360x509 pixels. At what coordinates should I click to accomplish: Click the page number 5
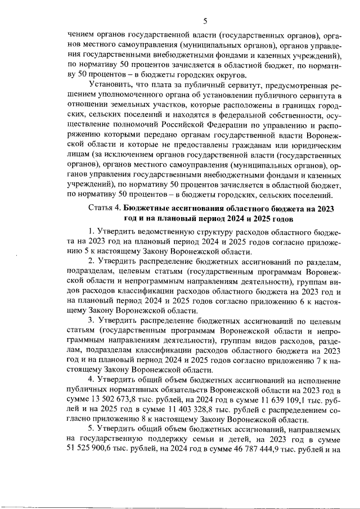pos(205,22)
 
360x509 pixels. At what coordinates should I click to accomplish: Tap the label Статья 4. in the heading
pos(105,208)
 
